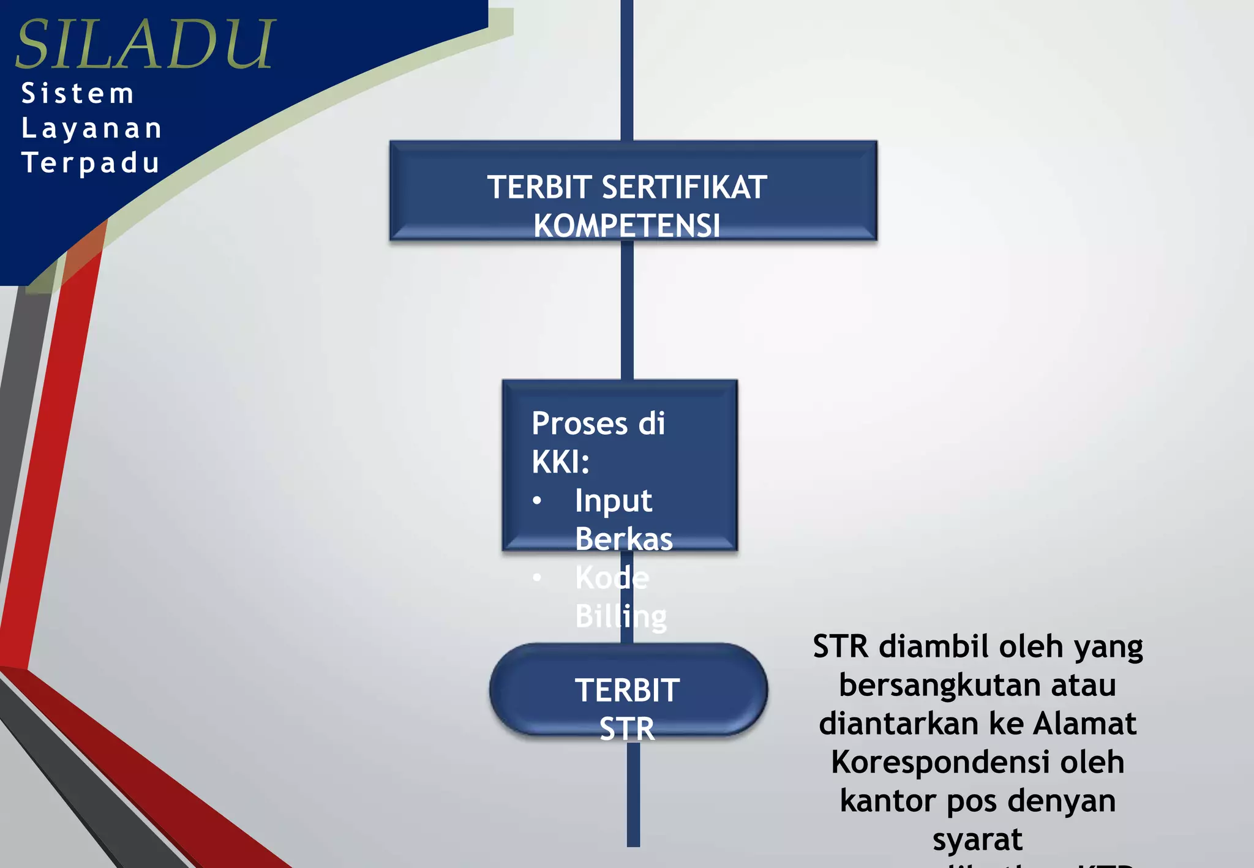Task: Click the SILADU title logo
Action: click(x=145, y=44)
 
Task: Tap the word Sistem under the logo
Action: click(x=78, y=94)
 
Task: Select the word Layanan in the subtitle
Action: click(x=92, y=129)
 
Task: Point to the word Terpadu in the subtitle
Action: click(x=91, y=163)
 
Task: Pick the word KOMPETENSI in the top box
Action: click(x=626, y=225)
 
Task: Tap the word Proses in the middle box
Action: click(x=580, y=424)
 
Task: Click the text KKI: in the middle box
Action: click(x=560, y=462)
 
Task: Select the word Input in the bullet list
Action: click(x=613, y=501)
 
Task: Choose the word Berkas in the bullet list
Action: click(x=623, y=539)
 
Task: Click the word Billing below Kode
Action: click(x=620, y=616)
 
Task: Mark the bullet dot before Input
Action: click(x=537, y=501)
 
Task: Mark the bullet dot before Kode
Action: click(x=537, y=577)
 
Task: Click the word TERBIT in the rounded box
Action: click(x=627, y=690)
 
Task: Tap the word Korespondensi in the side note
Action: click(x=977, y=762)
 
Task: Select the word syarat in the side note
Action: click(x=977, y=839)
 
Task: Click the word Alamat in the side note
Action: click(x=1084, y=724)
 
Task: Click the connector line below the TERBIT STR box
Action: click(x=633, y=796)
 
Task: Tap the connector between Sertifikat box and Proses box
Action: click(x=627, y=309)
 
